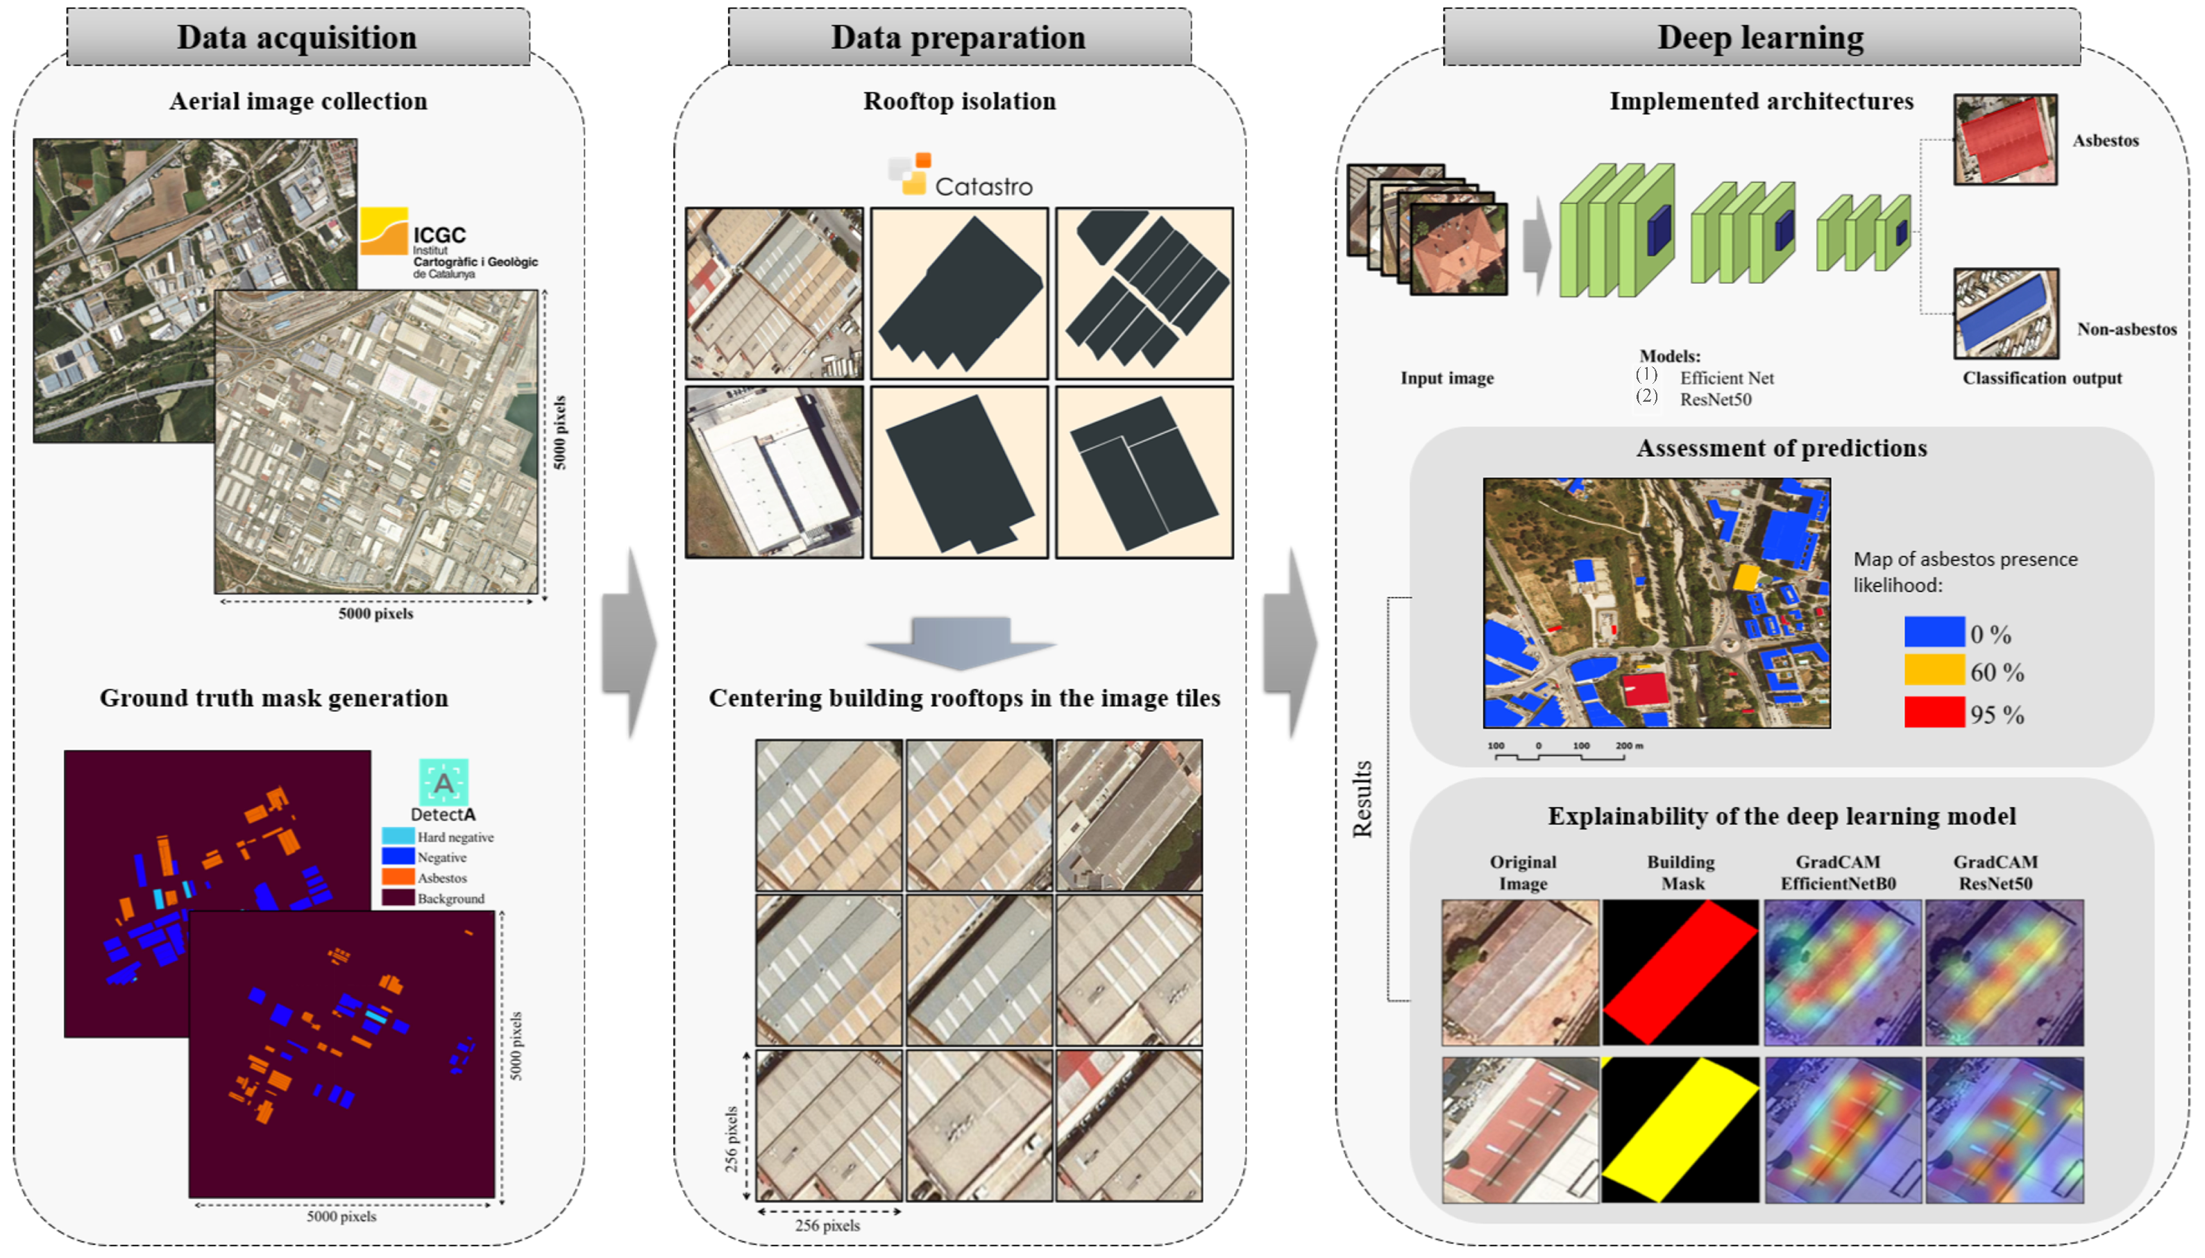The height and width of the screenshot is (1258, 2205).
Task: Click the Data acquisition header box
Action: [297, 37]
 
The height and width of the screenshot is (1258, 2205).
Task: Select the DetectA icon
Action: [443, 782]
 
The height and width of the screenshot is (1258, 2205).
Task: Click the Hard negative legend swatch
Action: [398, 836]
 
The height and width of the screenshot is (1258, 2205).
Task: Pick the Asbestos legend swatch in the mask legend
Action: [398, 877]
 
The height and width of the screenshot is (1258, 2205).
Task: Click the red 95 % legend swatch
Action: [1934, 713]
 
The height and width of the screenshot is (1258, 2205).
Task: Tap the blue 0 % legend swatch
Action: [1934, 631]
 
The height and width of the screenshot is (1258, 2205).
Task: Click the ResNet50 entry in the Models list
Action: [1715, 399]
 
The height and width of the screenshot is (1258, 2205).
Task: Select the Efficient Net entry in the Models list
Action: [1725, 377]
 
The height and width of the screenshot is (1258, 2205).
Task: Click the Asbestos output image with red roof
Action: [2004, 140]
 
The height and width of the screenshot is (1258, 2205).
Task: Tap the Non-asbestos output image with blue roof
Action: [2005, 314]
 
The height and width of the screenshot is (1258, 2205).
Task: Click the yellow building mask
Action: [1680, 1129]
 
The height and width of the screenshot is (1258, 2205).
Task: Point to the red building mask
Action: [1680, 972]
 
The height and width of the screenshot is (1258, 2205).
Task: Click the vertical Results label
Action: [1362, 799]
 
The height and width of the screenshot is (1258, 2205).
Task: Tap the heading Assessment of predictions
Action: [1781, 448]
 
